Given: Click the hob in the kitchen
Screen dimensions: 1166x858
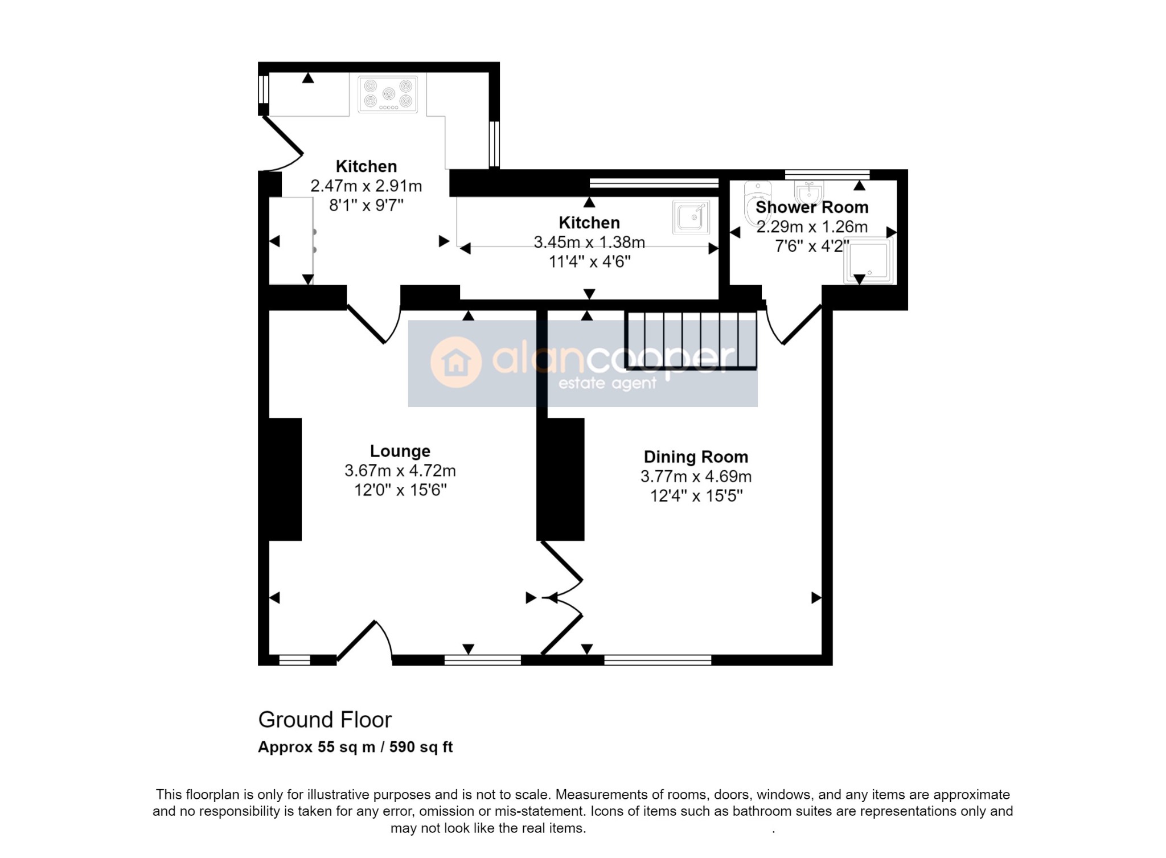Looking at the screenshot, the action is click(388, 94).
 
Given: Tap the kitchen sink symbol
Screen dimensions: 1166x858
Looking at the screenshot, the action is click(691, 217).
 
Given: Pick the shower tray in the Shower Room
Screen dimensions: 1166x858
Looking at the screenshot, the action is click(869, 262).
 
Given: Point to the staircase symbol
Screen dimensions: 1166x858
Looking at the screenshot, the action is click(691, 340).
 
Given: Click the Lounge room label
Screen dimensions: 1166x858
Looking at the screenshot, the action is click(400, 451).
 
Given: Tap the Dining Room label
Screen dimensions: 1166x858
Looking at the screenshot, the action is click(696, 457).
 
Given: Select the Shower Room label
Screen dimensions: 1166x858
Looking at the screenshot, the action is click(812, 207).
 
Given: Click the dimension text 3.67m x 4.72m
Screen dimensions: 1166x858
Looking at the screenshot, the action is click(400, 471).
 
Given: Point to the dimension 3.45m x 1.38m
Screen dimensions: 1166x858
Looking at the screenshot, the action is click(589, 243).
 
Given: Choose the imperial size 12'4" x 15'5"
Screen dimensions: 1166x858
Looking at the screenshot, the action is click(696, 496).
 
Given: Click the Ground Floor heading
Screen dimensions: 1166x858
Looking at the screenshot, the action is click(325, 720).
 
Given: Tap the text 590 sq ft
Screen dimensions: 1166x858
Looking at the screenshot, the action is click(421, 747).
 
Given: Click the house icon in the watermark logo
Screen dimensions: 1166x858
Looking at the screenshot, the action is click(456, 362).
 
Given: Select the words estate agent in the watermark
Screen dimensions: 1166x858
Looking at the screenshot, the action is click(607, 383).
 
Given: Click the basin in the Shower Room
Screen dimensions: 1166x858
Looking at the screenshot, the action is click(809, 191).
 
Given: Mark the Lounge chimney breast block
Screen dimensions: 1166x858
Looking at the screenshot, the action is click(285, 479).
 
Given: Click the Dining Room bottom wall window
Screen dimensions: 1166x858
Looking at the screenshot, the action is click(658, 660).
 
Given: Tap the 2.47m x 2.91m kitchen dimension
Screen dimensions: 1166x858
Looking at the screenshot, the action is click(366, 186).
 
